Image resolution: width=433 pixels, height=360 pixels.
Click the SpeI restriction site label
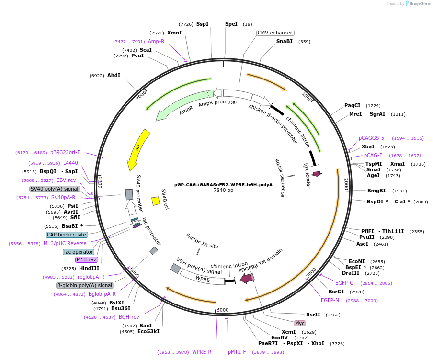tap(231, 24)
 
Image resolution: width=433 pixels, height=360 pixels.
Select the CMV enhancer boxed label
tap(275, 33)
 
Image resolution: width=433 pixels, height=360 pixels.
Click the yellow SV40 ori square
tap(156, 201)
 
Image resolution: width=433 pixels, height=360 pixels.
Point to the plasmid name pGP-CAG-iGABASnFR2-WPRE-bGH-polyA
tap(223, 184)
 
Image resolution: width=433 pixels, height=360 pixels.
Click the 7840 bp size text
tap(223, 190)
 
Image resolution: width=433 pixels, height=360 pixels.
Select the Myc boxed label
tap(300, 323)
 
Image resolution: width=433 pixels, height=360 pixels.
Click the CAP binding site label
tap(67, 235)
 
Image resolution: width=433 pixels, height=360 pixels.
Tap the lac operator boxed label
tap(78, 252)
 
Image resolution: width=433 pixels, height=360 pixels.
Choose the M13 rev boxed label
tap(87, 259)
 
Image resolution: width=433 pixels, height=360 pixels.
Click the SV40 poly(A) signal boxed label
tap(54, 189)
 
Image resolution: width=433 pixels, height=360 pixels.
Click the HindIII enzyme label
tap(89, 268)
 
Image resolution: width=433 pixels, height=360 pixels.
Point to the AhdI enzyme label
tap(114, 75)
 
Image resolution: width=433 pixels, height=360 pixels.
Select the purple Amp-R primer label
tap(156, 41)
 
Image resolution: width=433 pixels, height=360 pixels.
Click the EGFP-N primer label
tap(330, 300)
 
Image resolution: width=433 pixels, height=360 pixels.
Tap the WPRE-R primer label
tap(202, 352)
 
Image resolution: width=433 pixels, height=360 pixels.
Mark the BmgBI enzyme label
tap(376, 191)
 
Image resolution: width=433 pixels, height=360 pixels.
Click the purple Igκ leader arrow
tap(316, 174)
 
